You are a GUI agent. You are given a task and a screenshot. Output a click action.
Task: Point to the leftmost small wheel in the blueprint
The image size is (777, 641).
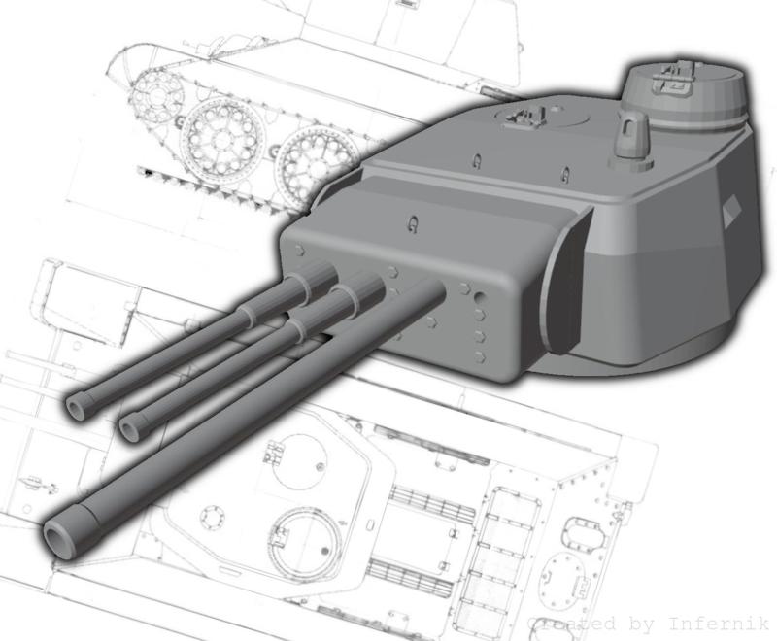coord(152,97)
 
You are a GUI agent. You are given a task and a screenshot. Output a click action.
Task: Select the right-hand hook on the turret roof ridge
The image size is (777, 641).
coord(565,176)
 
